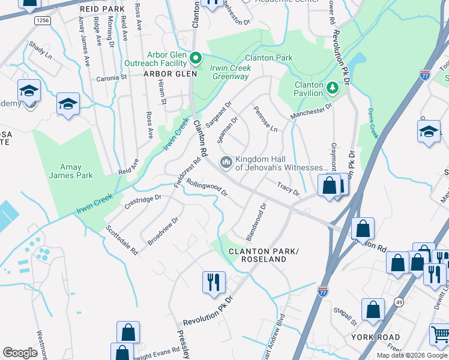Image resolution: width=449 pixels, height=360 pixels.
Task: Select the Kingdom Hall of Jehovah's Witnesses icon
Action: click(226, 162)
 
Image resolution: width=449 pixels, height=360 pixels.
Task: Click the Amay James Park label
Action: click(76, 171)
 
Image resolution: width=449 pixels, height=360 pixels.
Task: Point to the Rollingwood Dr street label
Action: click(206, 187)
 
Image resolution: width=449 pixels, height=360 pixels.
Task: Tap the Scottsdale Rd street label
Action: click(122, 240)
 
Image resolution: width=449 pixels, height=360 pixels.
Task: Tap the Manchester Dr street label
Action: click(311, 111)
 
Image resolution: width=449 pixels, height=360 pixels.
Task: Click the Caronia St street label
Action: click(112, 78)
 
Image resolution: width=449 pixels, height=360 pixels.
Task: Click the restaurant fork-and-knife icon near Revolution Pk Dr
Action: click(214, 283)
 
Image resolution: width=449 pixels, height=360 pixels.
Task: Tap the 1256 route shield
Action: click(42, 20)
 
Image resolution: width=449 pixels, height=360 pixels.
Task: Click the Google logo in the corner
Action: click(20, 353)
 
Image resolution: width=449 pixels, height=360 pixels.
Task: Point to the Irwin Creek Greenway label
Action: click(231, 72)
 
